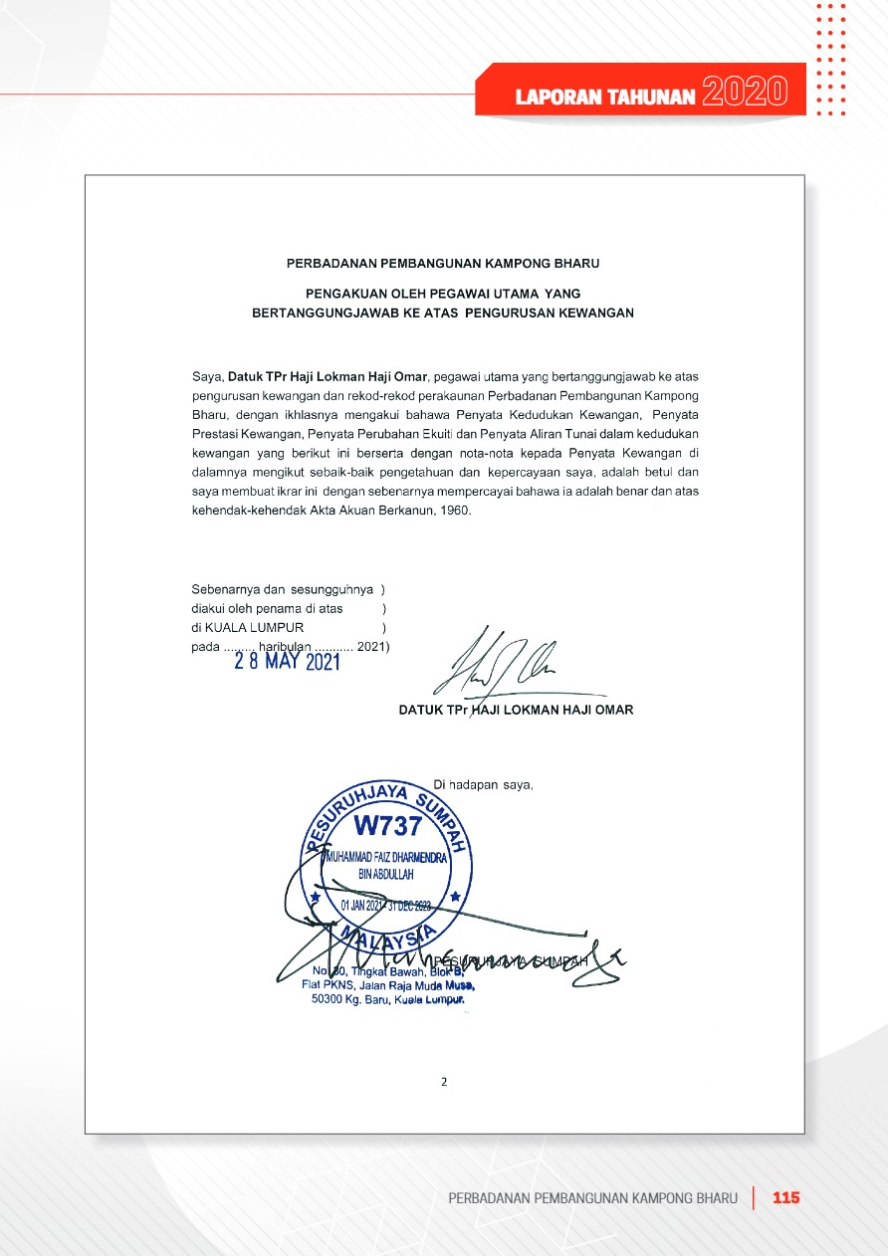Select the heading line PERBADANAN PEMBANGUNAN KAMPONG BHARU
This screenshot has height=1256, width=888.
pyautogui.click(x=443, y=264)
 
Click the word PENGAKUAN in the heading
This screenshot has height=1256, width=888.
pyautogui.click(x=343, y=294)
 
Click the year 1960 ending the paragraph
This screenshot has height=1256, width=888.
pyautogui.click(x=454, y=509)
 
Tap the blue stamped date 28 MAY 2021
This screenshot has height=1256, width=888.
pyautogui.click(x=287, y=662)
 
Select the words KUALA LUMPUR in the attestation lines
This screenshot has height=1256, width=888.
pyautogui.click(x=255, y=628)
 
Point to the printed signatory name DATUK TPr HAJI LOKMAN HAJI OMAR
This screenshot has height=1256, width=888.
pyautogui.click(x=516, y=711)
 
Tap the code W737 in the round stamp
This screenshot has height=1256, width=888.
pyautogui.click(x=388, y=825)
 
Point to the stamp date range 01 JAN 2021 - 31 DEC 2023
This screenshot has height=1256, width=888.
pyautogui.click(x=387, y=905)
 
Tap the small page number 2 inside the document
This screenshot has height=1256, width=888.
pyautogui.click(x=444, y=1082)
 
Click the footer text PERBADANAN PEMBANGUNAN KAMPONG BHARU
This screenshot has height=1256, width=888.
pyautogui.click(x=593, y=1198)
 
